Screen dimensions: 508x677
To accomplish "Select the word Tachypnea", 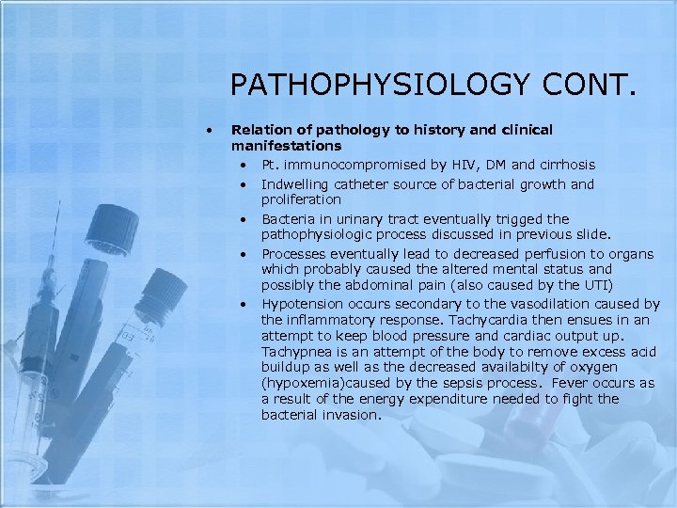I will pyautogui.click(x=297, y=351).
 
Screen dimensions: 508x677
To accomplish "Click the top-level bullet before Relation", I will pyautogui.click(x=215, y=129).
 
